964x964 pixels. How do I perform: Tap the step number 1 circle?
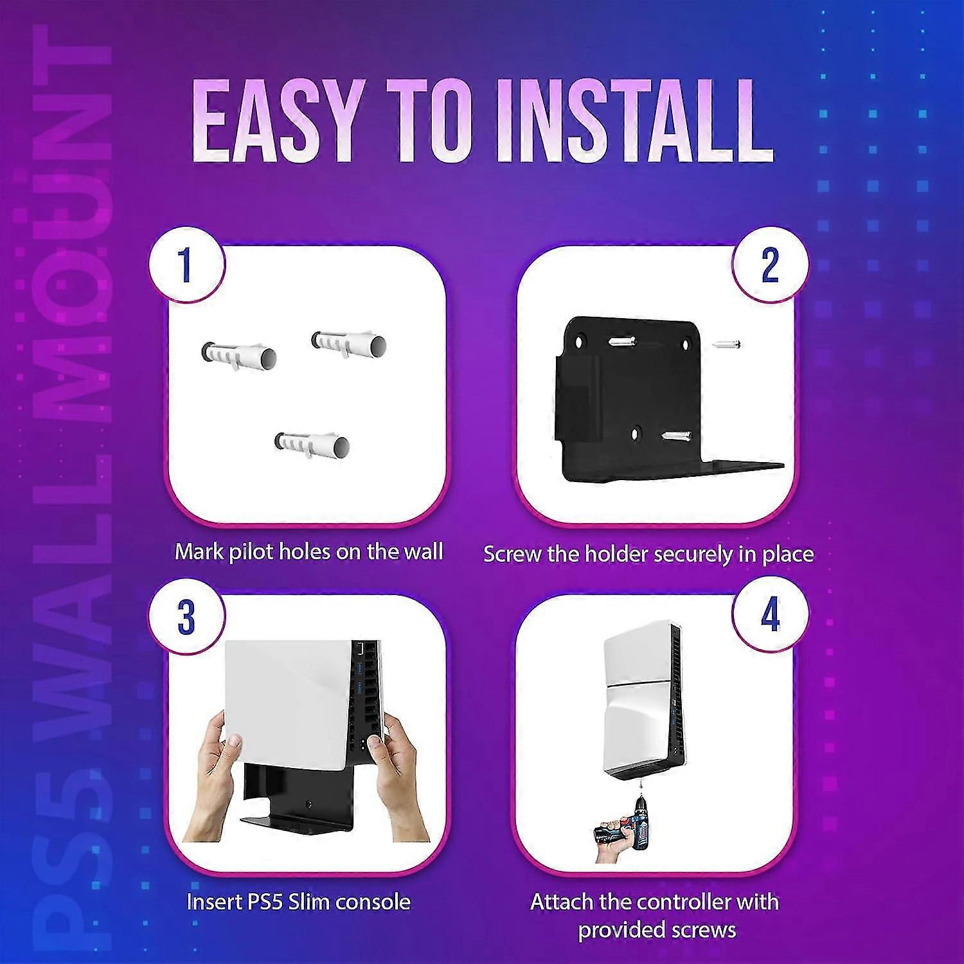pos(186,264)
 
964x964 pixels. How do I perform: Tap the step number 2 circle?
pos(769,264)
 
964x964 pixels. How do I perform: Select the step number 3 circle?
pos(186,616)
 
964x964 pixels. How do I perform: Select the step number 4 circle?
pos(769,614)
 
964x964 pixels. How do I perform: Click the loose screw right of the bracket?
pos(726,345)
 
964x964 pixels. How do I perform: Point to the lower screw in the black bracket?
pos(676,437)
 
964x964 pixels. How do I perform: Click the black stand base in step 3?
pos(283,819)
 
